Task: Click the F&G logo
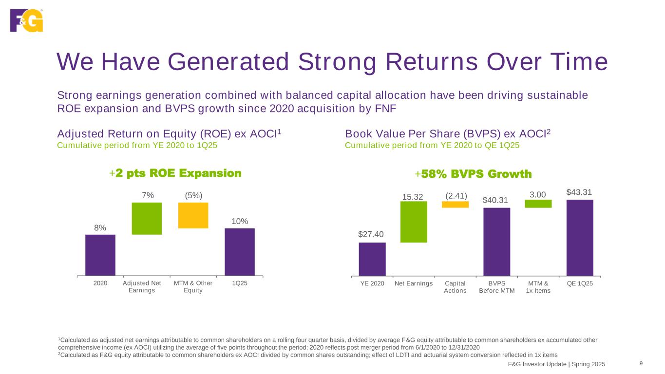point(26,20)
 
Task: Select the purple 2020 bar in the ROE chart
point(100,255)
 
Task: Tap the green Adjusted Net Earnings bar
point(147,219)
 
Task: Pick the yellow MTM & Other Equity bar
point(193,215)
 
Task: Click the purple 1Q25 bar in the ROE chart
point(239,252)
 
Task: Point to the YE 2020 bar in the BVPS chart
point(372,259)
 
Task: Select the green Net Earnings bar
point(414,222)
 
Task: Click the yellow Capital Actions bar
point(455,205)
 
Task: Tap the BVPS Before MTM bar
point(496,242)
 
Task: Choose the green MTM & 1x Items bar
point(538,204)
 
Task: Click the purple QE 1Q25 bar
point(580,238)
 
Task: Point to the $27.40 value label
point(372,235)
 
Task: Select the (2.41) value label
point(456,196)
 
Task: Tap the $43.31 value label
point(580,192)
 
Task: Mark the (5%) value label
point(194,195)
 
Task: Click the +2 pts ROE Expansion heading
point(175,173)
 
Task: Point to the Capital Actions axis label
point(456,287)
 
